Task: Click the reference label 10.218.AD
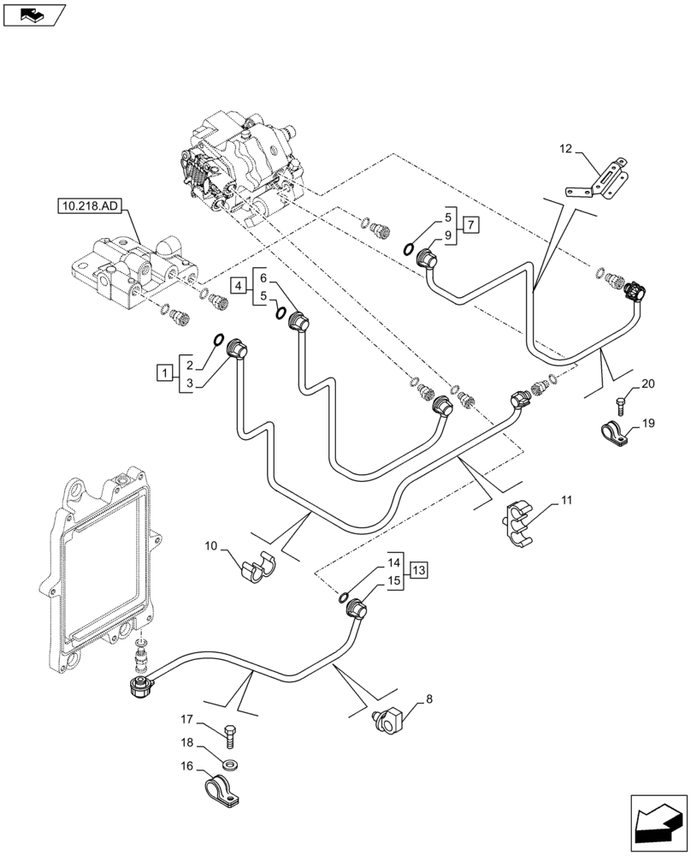click(x=92, y=205)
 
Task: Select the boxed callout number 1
click(x=162, y=372)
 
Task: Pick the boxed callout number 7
click(x=471, y=225)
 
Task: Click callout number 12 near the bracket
click(x=566, y=150)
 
